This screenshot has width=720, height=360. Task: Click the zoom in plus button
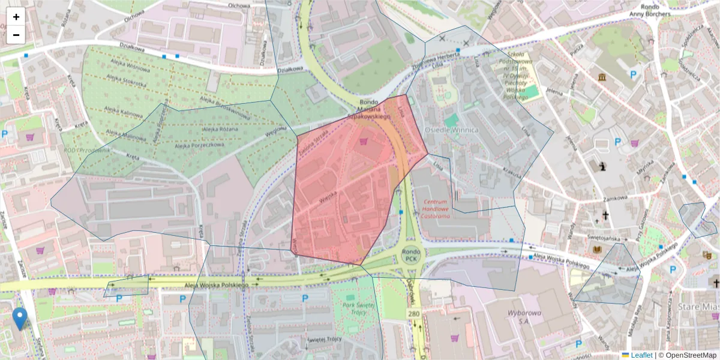click(x=16, y=17)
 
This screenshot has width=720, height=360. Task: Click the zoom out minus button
click(x=16, y=35)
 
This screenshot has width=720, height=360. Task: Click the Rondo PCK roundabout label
click(x=410, y=255)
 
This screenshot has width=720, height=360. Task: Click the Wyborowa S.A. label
click(x=524, y=317)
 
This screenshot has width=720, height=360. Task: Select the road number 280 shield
click(x=414, y=314)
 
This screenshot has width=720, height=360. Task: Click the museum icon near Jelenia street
click(x=602, y=77)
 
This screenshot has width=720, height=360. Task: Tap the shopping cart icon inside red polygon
click(x=363, y=142)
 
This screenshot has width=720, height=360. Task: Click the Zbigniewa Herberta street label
click(x=436, y=60)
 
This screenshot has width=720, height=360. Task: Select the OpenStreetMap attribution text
click(x=690, y=355)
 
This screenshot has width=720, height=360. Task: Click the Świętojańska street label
click(x=603, y=238)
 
